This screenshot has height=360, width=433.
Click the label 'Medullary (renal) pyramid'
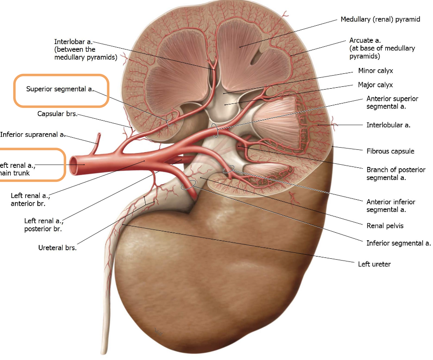pos(380,20)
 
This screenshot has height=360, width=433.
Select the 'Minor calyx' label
pos(375,71)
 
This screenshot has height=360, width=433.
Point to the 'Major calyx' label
pos(375,85)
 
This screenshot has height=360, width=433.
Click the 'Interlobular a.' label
pos(388,125)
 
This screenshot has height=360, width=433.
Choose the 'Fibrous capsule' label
pos(390,151)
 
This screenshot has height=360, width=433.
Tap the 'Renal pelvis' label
pos(385,225)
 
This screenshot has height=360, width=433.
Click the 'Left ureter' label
pos(374,264)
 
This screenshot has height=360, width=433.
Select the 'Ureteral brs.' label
pos(57,247)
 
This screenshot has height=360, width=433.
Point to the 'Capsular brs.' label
pos(57,114)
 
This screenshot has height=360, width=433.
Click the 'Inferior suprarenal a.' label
pos(33,134)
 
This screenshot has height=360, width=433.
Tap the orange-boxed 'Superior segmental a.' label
pos(60,89)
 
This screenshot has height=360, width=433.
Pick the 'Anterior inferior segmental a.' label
pos(391,206)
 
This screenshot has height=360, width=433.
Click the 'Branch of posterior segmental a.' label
pos(396,173)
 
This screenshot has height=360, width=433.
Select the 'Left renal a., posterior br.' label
pos(44,225)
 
